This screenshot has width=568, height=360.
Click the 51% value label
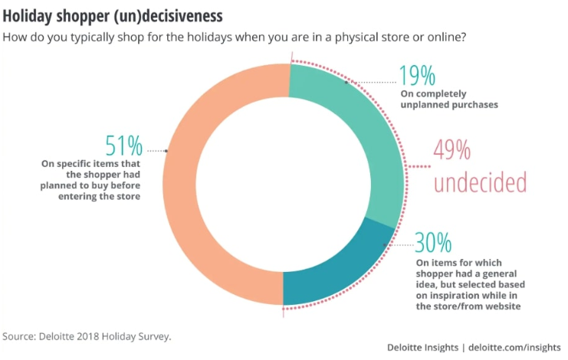tap(123, 146)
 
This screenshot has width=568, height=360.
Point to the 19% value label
tap(417, 76)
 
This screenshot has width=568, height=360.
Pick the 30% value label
tap(434, 243)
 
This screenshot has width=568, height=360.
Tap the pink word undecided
tap(480, 182)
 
